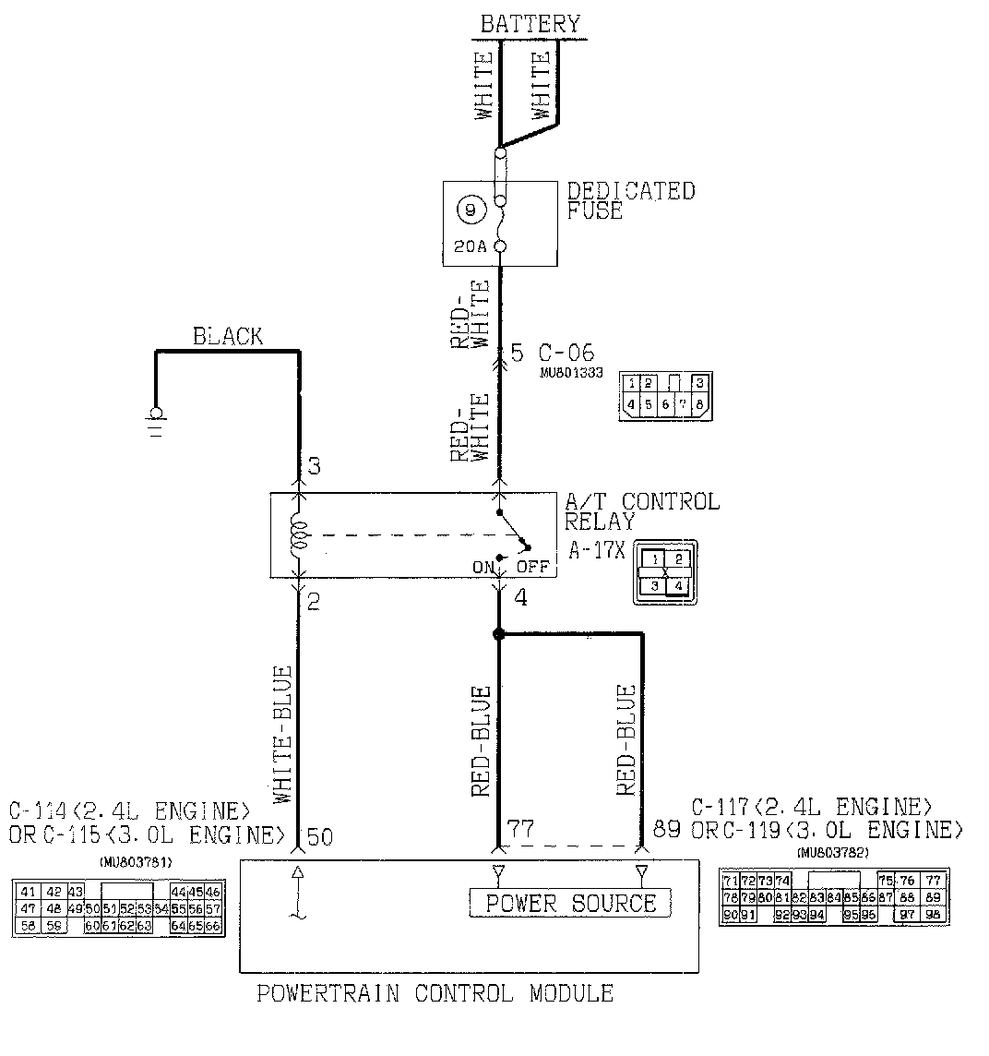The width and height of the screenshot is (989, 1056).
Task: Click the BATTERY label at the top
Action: coord(530,23)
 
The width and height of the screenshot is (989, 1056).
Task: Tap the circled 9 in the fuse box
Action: coord(471,211)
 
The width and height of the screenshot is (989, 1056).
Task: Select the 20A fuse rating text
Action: coord(470,246)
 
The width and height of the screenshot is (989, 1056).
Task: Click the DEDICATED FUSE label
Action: coord(630,200)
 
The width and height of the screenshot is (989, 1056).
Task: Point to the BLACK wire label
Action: coord(227,336)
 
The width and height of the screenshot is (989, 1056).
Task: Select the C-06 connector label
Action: coord(566,354)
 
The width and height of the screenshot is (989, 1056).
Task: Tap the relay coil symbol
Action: coord(299,535)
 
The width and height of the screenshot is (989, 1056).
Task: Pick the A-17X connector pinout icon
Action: coord(665,572)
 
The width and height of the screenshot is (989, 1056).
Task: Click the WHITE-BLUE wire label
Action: coord(283,734)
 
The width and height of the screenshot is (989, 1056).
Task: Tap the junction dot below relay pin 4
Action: coord(499,634)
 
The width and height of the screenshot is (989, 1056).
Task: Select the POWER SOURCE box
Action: coord(570,903)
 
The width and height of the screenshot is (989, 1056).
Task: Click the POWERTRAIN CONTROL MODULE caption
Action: coord(435,994)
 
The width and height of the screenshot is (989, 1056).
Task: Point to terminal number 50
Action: coord(319,837)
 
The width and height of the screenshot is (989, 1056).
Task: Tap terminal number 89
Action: coord(666,829)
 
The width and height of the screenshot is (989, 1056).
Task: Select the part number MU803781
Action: coord(135,862)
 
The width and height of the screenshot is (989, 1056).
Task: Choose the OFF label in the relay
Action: coord(533,568)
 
